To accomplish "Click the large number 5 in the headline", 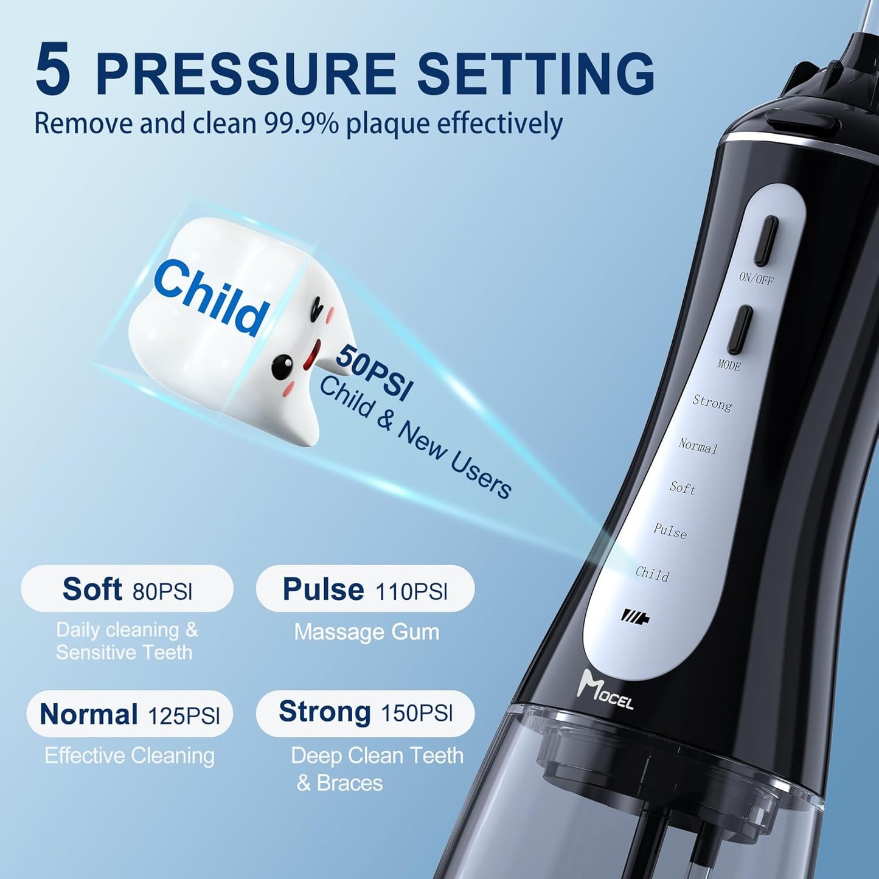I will point(53,70).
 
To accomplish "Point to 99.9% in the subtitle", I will point(301,123).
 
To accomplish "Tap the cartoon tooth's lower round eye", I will point(281,366).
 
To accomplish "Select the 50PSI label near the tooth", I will point(373,372).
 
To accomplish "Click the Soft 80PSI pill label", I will point(127,589).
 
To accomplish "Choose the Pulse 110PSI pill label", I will point(365,589).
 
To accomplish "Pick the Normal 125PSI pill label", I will point(130,714).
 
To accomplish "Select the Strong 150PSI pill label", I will point(365,712).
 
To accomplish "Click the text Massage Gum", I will point(366,632).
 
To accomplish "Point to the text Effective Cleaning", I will point(130,756).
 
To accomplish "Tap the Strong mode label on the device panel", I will point(712,403).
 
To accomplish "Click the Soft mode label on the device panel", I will point(683,488).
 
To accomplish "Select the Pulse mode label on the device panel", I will point(670,532).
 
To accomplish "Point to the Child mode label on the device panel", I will point(652,574).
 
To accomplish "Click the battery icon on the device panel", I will point(635,617).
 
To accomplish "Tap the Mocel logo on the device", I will point(605,690).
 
